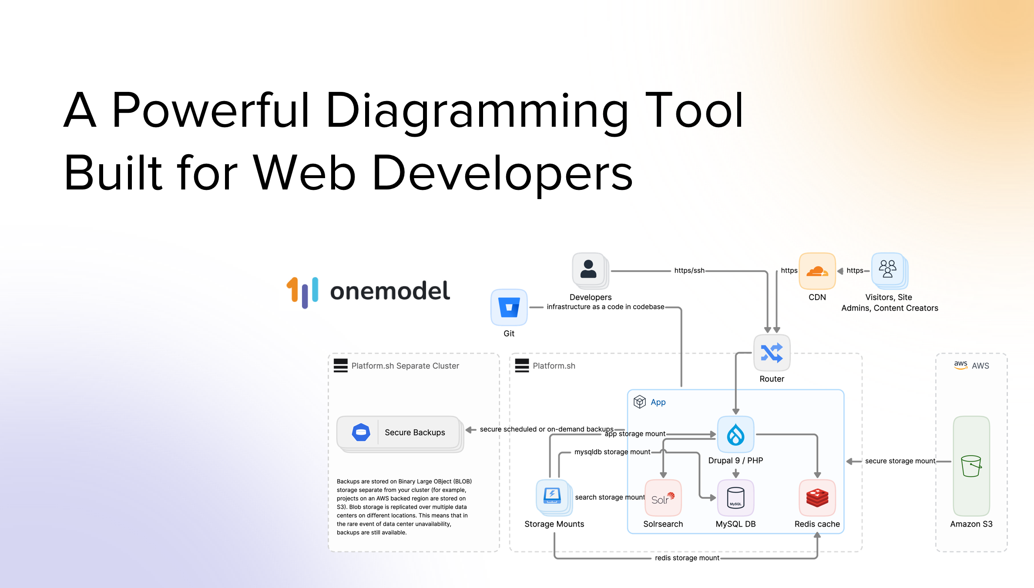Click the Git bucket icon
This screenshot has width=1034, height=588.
pos(509,308)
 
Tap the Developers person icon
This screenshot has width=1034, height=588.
pos(588,270)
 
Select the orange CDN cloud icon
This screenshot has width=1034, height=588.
pos(817,271)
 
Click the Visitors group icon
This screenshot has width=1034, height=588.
pos(888,269)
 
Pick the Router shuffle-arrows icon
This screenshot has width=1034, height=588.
pos(772,353)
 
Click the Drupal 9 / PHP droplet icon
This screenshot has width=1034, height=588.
pos(735,435)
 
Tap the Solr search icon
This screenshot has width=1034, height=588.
pos(663,498)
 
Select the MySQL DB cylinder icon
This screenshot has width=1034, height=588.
pos(735,498)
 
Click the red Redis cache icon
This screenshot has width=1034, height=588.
pos(817,498)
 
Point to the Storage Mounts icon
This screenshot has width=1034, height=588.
pos(552,496)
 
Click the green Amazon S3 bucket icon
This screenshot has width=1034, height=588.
pos(971,466)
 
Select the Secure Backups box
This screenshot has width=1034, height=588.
pos(399,433)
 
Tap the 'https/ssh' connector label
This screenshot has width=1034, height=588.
pos(689,270)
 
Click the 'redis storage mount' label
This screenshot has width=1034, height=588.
pos(687,558)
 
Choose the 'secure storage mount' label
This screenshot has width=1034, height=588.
pos(900,461)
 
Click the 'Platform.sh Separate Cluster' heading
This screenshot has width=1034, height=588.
pos(405,366)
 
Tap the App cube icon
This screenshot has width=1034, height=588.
pos(639,402)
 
